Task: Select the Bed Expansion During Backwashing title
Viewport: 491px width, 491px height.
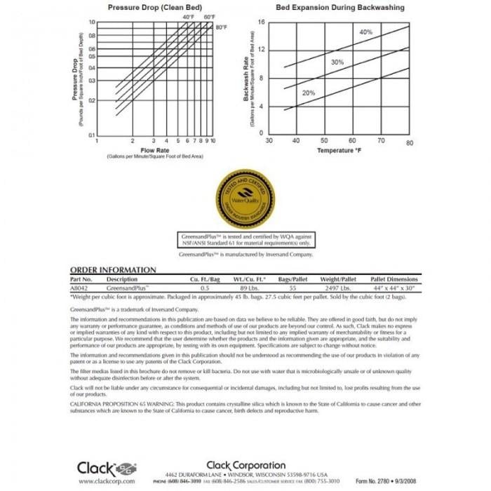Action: click(340, 7)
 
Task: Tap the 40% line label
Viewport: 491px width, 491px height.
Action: click(366, 32)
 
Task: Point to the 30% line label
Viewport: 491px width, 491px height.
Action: click(337, 62)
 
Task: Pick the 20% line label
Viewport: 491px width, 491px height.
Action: click(309, 93)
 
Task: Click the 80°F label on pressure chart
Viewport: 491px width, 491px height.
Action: click(222, 27)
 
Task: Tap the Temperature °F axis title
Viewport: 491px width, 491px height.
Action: click(339, 151)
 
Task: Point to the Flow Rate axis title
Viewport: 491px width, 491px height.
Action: click(154, 150)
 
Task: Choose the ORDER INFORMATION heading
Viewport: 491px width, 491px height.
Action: click(114, 270)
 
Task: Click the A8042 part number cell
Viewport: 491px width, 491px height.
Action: click(81, 288)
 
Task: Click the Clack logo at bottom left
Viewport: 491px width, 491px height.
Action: click(105, 467)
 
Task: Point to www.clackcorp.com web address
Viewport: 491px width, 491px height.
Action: click(102, 481)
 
